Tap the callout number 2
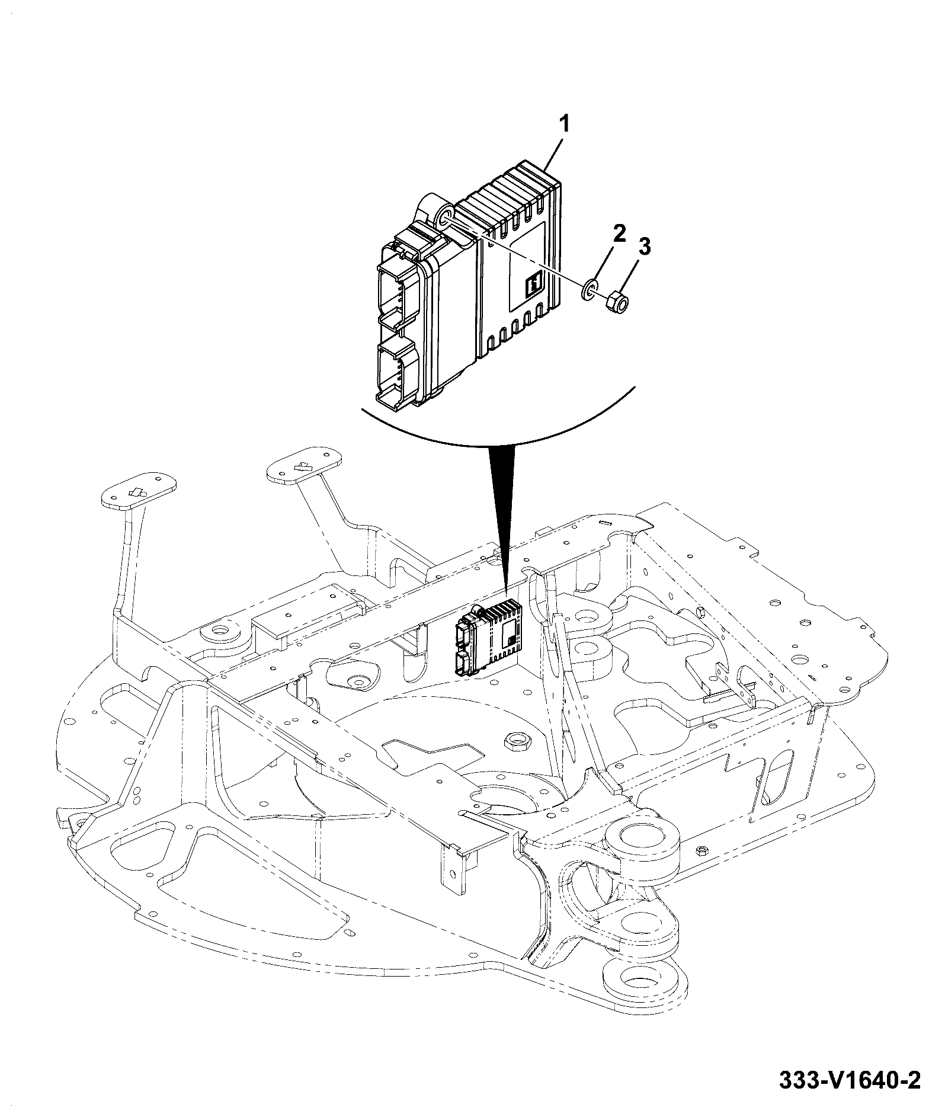619,233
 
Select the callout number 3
644,247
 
